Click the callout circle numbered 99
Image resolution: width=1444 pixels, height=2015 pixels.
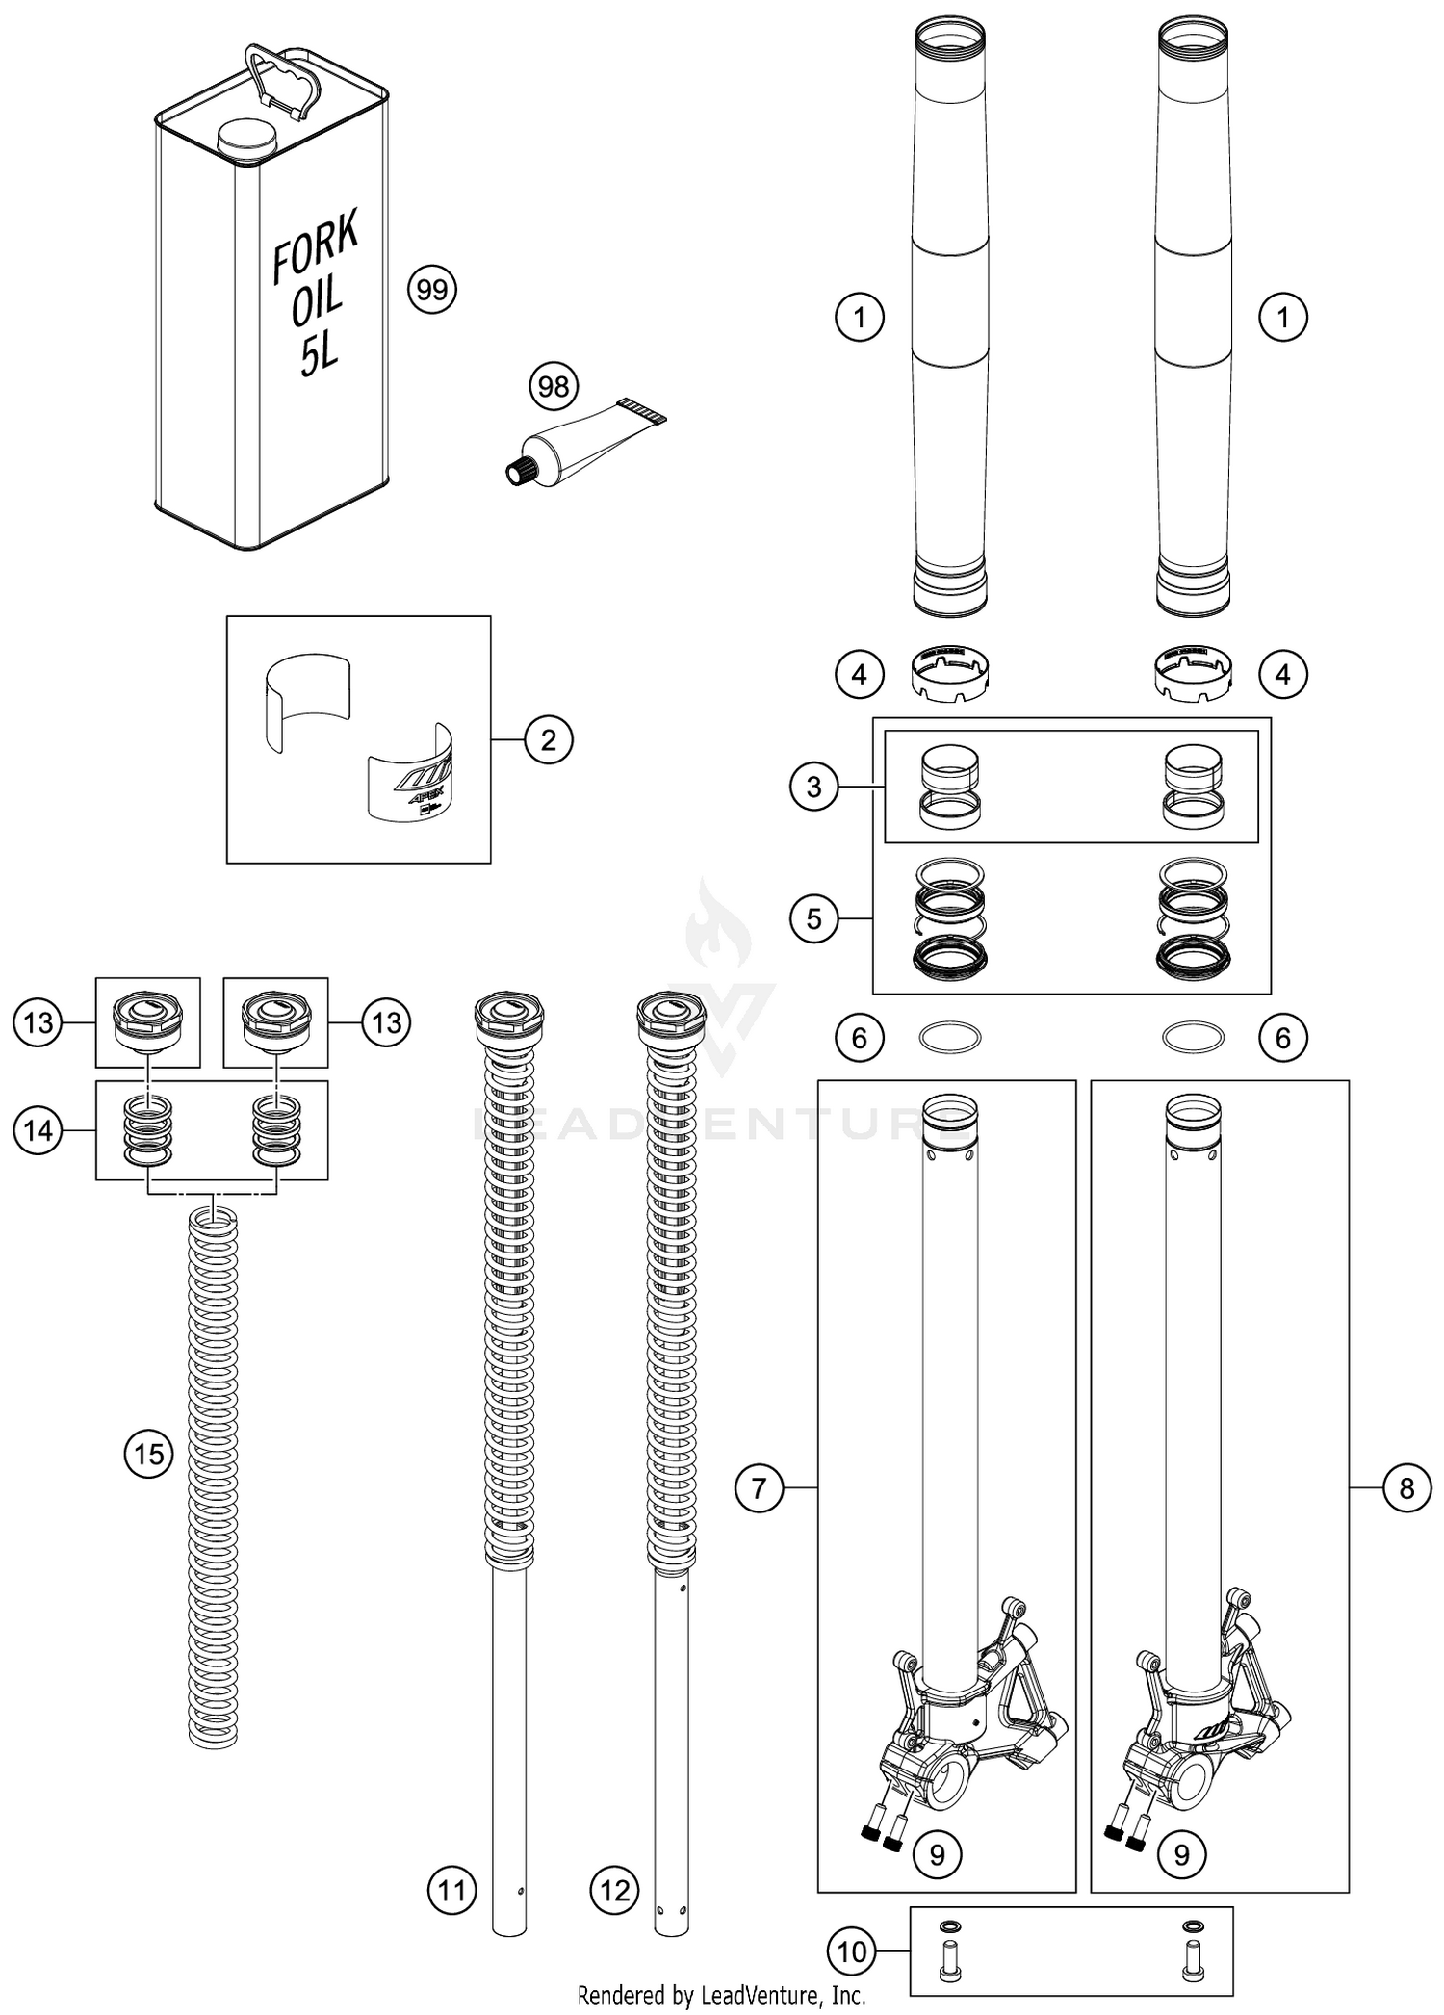point(432,290)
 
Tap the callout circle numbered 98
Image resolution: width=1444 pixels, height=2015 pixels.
point(554,387)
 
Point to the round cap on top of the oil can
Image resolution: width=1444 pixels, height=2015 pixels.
point(247,139)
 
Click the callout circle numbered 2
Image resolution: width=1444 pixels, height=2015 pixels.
point(549,740)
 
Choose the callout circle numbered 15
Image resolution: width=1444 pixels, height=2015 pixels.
point(149,1454)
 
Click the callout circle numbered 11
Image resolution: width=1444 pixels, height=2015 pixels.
point(452,1890)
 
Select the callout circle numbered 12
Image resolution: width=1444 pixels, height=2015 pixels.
point(615,1890)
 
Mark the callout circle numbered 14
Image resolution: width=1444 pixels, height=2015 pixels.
point(39,1130)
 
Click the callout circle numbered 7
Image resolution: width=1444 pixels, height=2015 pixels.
point(759,1488)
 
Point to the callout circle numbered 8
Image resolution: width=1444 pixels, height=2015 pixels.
point(1406,1488)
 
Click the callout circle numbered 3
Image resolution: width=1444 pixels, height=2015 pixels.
point(814,787)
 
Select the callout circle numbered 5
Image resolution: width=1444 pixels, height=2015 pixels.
point(814,918)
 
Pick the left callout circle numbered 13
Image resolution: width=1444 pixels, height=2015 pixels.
point(39,1022)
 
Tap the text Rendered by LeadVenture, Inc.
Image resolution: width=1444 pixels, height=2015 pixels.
point(721,1995)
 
